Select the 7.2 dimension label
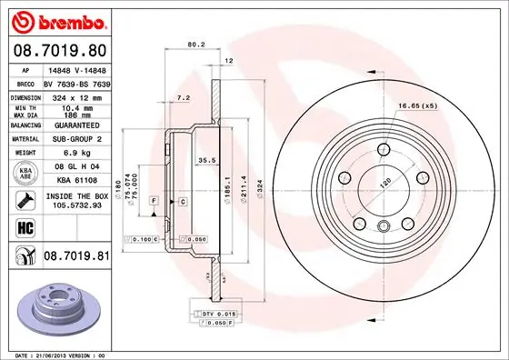click(x=182, y=95)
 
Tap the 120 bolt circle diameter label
click(x=384, y=181)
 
